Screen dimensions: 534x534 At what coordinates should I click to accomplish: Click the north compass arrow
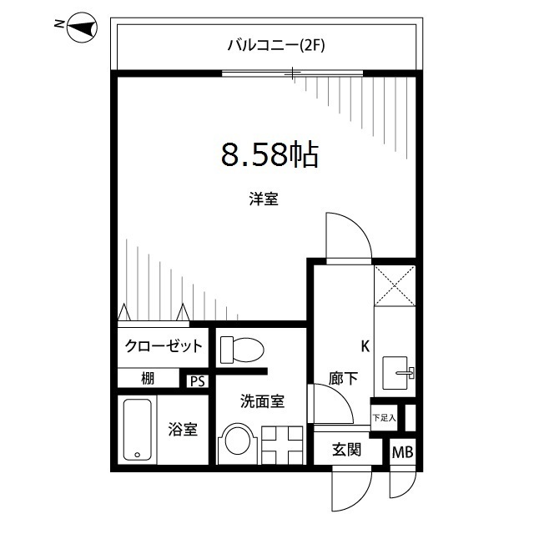[80, 29]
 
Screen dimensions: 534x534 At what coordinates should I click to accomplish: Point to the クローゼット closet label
[164, 345]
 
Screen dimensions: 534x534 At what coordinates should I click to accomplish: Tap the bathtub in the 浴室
[138, 430]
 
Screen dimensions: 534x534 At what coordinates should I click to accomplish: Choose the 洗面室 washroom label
[264, 401]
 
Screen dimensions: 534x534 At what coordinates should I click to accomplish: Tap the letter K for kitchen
[365, 345]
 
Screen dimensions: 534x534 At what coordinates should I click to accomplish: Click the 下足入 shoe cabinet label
[384, 416]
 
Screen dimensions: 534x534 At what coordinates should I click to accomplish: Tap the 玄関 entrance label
[346, 451]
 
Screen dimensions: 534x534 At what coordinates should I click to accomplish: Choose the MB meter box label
[402, 452]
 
